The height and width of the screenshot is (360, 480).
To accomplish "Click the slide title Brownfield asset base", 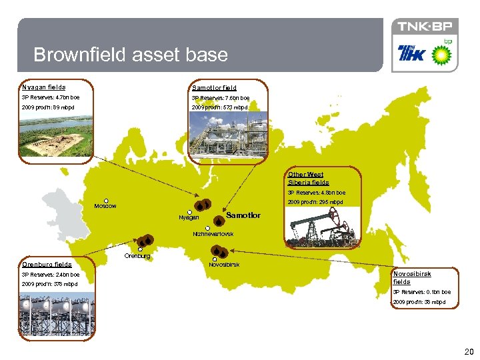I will click(x=131, y=55).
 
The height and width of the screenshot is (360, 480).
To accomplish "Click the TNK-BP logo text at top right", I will click(x=425, y=27).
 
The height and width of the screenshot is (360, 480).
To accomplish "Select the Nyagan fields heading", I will click(x=44, y=87).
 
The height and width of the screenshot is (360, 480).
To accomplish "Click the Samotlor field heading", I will click(x=214, y=87).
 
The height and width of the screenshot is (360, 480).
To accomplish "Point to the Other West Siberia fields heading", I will click(x=309, y=179).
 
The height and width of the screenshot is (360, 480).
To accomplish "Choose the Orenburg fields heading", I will click(x=47, y=265).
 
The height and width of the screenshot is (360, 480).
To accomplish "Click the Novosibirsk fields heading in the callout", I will click(x=412, y=278).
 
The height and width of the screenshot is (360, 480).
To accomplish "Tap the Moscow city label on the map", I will click(x=105, y=206).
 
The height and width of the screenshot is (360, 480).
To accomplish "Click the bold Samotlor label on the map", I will click(x=243, y=215).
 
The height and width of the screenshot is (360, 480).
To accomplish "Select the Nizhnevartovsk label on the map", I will click(x=213, y=234).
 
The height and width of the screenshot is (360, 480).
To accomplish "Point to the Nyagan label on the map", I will click(x=189, y=218).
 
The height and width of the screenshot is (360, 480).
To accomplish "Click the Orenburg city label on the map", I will click(x=137, y=256).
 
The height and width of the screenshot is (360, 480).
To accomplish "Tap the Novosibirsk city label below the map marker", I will click(x=224, y=265).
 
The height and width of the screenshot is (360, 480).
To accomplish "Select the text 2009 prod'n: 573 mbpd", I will click(x=219, y=107).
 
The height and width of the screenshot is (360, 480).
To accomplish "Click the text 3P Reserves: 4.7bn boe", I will click(x=50, y=97).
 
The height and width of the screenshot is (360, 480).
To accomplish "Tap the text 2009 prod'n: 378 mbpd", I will click(x=49, y=284).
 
